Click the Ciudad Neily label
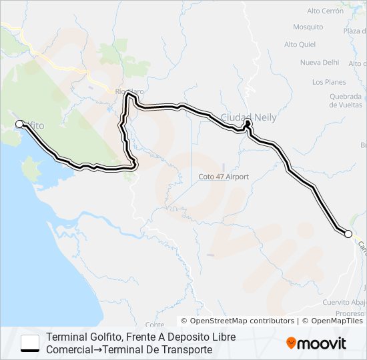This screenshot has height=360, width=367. [248, 117]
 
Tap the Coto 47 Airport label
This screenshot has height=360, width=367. [224, 177]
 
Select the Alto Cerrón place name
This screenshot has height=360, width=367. [325, 11]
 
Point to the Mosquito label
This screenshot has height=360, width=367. [308, 27]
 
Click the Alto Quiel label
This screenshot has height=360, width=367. [299, 45]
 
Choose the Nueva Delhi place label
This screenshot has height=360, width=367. [320, 63]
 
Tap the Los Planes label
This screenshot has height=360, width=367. [329, 82]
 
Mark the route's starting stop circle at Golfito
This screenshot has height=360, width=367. [19, 124]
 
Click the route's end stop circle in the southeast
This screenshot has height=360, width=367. [348, 233]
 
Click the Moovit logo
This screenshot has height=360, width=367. [316, 343]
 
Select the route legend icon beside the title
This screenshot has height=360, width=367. [30, 343]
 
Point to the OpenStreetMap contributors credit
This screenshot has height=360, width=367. [238, 321]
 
